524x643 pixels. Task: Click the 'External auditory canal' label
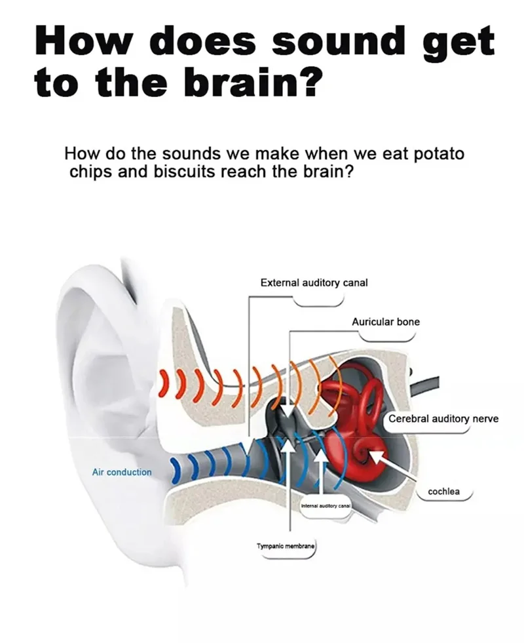click(314, 283)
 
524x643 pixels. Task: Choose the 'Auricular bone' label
click(386, 322)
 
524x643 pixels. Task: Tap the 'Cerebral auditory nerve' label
click(443, 418)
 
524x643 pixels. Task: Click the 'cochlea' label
click(443, 491)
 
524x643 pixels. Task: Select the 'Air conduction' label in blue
click(122, 472)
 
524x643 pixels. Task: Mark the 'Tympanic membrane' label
click(286, 546)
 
